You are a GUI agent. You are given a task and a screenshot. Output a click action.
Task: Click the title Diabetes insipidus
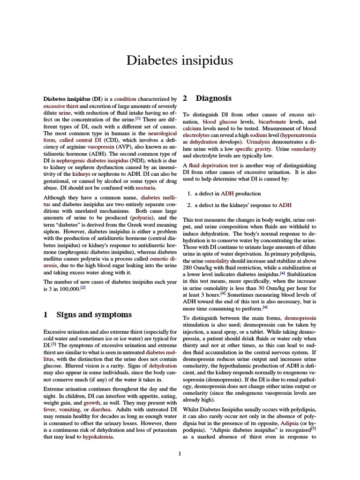[180, 60]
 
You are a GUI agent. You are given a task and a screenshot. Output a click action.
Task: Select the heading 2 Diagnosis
[207, 98]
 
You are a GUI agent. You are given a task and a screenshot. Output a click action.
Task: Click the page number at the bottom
[180, 453]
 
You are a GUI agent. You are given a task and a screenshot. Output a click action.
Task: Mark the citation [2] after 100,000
[83, 288]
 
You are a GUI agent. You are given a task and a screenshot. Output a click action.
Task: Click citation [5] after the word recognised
[314, 428]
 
